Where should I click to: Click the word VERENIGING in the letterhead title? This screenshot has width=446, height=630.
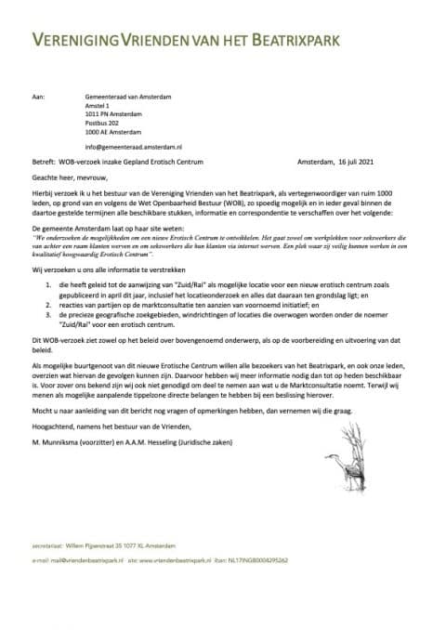point(80,40)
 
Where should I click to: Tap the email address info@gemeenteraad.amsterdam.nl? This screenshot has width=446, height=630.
point(134,147)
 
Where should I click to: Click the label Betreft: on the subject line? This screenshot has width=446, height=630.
point(45,162)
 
